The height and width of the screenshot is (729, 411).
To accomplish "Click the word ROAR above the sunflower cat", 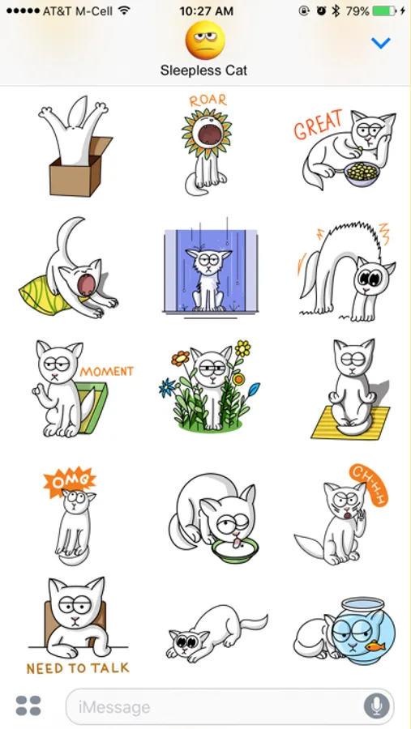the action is point(208,100).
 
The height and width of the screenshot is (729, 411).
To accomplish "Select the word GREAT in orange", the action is point(319,124).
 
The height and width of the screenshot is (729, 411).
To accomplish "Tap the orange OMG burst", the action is point(70,481).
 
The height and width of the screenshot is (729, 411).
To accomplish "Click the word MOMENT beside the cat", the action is point(106,372).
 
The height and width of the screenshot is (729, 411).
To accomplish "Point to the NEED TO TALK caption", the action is point(78,668).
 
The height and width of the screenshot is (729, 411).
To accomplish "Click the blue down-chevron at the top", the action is point(380,43).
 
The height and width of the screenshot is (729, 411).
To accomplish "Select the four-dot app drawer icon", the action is point(28,706).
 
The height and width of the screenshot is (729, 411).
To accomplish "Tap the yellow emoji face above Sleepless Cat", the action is point(205,40).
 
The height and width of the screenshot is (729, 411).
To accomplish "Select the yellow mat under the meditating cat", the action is point(350,423).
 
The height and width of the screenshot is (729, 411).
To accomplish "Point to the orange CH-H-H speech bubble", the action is point(369,484).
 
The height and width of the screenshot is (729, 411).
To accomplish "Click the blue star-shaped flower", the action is point(167,387).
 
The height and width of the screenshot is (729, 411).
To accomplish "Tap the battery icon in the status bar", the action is point(385,11).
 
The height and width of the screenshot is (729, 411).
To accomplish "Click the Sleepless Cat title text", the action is point(203,70).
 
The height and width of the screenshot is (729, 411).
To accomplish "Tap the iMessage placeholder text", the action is point(114,708).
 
